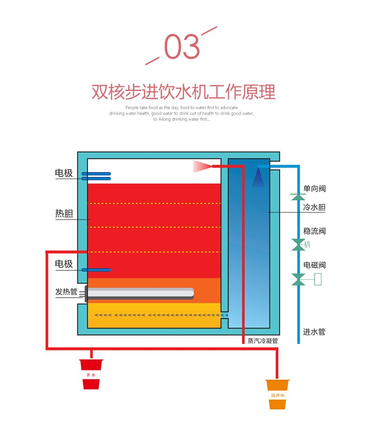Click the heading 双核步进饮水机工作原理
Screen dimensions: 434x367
click(x=183, y=91)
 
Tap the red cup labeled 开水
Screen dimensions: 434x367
click(x=91, y=374)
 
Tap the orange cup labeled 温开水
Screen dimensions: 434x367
click(x=277, y=394)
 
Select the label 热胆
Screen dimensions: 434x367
click(x=64, y=214)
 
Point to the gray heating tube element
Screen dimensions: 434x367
click(x=139, y=293)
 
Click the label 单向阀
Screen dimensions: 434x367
click(x=315, y=188)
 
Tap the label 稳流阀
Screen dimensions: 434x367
click(x=315, y=231)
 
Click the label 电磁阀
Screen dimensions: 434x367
click(x=315, y=265)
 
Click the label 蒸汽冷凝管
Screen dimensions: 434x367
click(x=262, y=340)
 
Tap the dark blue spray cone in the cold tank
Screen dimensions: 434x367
click(x=258, y=177)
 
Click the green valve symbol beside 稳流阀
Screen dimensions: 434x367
click(x=298, y=244)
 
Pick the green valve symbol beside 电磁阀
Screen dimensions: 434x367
click(x=298, y=279)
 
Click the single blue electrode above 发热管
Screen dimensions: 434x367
click(x=96, y=270)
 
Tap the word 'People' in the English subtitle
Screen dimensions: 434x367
click(x=132, y=107)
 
